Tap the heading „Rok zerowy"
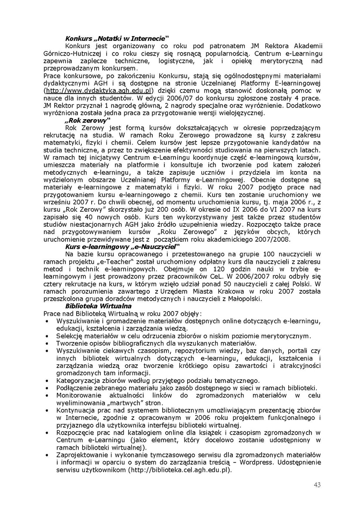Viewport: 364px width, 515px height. (88, 121)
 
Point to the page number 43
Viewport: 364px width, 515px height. (318, 485)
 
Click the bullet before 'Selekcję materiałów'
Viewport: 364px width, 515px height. (46, 336)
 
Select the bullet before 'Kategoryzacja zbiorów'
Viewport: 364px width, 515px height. (46, 380)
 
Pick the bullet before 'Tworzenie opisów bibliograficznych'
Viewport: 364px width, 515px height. (46, 343)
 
